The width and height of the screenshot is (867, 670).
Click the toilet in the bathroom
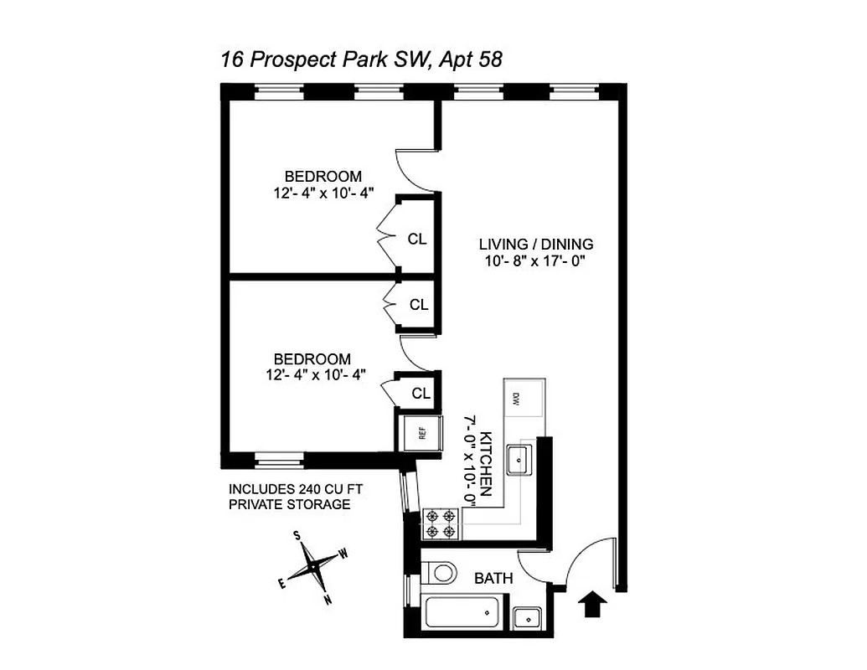(x=438, y=572)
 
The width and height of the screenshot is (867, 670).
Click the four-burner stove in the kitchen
(x=441, y=523)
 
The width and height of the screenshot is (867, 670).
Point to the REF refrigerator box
(x=421, y=433)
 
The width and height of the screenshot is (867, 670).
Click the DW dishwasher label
(x=517, y=398)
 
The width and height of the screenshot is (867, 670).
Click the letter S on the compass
(x=297, y=536)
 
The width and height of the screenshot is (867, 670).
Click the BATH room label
(x=493, y=579)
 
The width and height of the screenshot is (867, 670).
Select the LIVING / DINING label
(x=536, y=245)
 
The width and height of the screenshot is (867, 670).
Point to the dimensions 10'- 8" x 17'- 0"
(x=536, y=260)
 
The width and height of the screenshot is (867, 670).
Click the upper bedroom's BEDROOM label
(x=323, y=177)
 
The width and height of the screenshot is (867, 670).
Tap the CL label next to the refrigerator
(x=421, y=393)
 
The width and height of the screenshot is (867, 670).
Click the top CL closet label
(x=416, y=239)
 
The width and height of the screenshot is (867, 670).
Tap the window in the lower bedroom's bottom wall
(x=280, y=457)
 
